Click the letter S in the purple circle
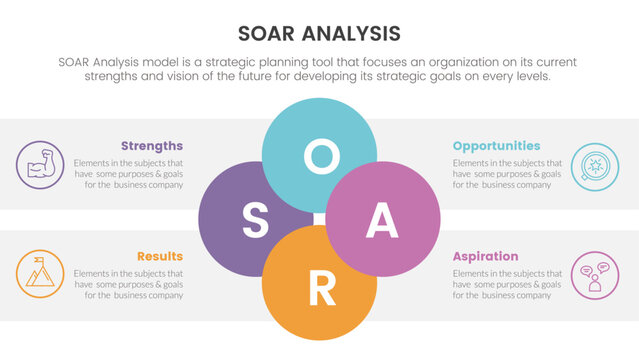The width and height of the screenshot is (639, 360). tap(255, 222)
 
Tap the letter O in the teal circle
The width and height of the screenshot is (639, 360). tap(320, 156)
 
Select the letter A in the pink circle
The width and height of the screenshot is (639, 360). tap(383, 222)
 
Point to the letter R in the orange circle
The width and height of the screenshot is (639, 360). tap(320, 289)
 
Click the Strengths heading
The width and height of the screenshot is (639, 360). tap(152, 146)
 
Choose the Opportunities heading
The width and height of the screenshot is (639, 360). tap(496, 146)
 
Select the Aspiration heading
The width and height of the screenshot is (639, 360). tap(485, 256)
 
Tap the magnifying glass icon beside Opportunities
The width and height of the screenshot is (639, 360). tap(594, 165)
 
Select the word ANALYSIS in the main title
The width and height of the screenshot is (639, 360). tap(354, 32)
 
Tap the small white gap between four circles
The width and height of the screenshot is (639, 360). tap(319, 219)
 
